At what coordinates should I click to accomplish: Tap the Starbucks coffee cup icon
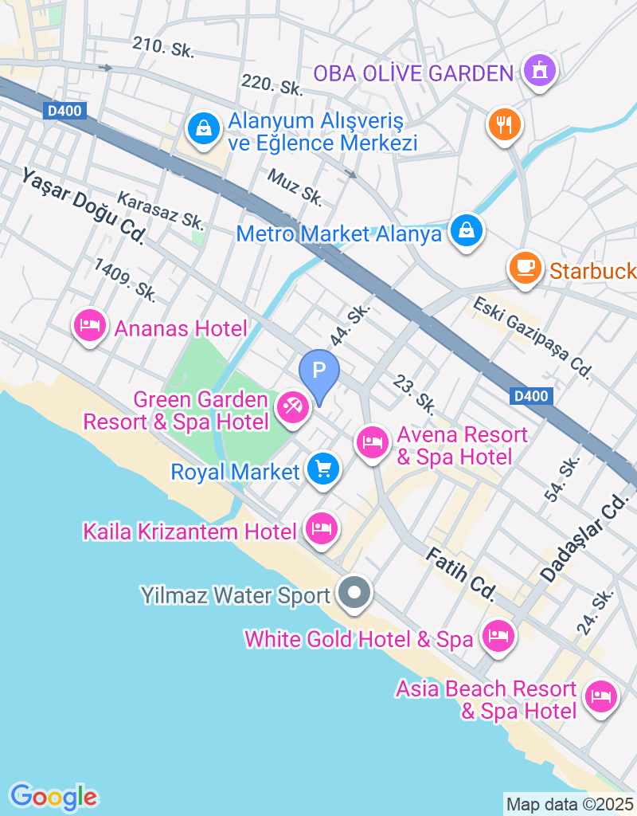pyautogui.click(x=525, y=266)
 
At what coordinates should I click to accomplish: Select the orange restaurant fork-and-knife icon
pyautogui.click(x=504, y=124)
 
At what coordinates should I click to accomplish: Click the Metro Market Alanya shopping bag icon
pyautogui.click(x=465, y=231)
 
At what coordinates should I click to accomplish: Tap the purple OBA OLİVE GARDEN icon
pyautogui.click(x=540, y=72)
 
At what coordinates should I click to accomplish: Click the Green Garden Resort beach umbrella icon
pyautogui.click(x=292, y=407)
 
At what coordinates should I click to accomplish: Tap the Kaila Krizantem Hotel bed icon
pyautogui.click(x=321, y=528)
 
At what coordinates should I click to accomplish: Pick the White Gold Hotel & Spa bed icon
pyautogui.click(x=498, y=636)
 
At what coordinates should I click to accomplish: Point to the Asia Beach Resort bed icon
pyautogui.click(x=600, y=696)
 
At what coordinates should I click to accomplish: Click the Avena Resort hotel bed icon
pyautogui.click(x=372, y=441)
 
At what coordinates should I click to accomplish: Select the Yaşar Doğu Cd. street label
pyautogui.click(x=84, y=205)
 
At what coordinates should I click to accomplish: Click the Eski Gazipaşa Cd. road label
pyautogui.click(x=532, y=336)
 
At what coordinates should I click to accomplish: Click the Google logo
pyautogui.click(x=53, y=796)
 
